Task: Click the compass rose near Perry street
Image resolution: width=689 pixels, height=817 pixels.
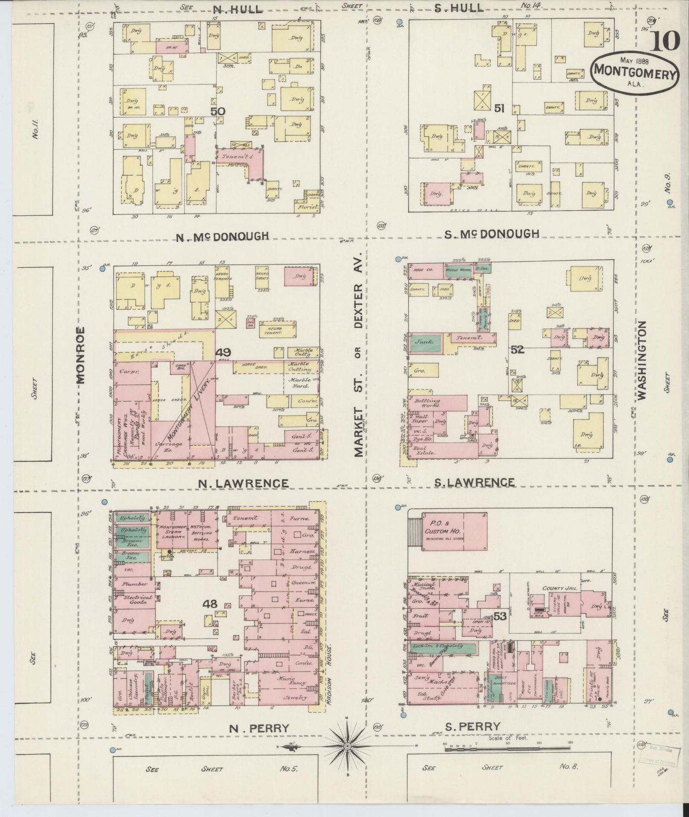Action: click(x=347, y=746)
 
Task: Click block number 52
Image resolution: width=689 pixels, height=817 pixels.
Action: click(x=517, y=350)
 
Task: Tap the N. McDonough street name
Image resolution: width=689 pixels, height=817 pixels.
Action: click(x=222, y=236)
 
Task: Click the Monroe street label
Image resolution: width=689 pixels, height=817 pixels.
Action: click(x=80, y=355)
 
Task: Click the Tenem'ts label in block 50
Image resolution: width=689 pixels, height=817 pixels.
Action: click(x=234, y=155)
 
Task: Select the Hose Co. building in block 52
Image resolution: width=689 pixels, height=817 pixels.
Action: click(x=423, y=269)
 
